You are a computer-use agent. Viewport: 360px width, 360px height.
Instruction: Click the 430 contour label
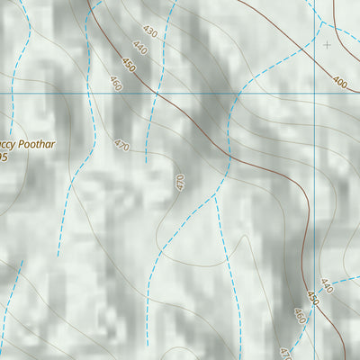tap(149, 32)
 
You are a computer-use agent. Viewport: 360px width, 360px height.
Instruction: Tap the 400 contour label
tap(339, 82)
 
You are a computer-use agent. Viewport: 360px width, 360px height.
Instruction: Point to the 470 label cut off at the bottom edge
tap(284, 352)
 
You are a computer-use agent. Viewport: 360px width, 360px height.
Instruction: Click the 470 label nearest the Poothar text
tap(122, 144)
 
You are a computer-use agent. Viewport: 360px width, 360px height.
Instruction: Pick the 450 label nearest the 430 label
tap(129, 65)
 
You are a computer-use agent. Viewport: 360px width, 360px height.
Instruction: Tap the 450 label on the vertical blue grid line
tap(312, 297)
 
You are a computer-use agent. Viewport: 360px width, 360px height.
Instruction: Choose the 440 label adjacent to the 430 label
tap(139, 48)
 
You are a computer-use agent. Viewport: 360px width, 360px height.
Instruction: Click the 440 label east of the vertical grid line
tap(326, 285)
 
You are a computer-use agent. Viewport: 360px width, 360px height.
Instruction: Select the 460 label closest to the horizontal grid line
tap(115, 84)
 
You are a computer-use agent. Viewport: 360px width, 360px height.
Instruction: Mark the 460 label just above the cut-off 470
tap(300, 316)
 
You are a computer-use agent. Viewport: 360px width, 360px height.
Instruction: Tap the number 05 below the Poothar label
tap(3, 157)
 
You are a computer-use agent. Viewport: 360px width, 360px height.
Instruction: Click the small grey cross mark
tap(326, 43)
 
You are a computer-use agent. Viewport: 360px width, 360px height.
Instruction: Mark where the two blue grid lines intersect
tap(313, 93)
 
